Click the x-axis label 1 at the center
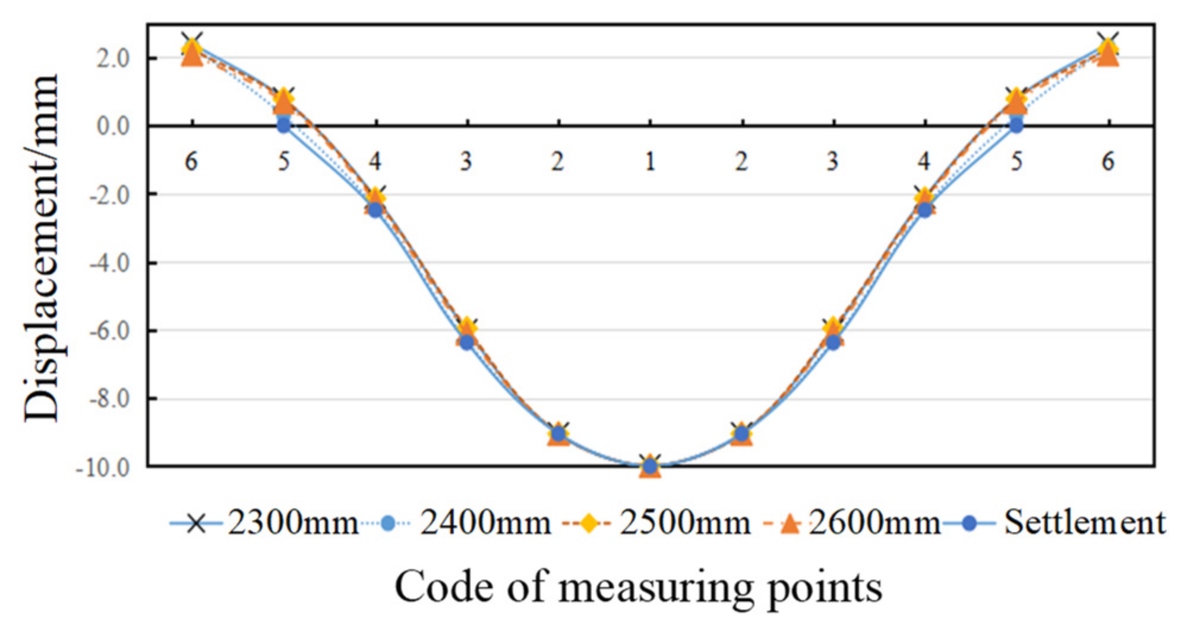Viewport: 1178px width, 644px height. [x=650, y=162]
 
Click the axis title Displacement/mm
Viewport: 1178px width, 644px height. [x=42, y=248]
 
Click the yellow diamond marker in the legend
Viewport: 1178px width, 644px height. [x=588, y=524]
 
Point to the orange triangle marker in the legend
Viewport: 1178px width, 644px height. [x=790, y=524]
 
